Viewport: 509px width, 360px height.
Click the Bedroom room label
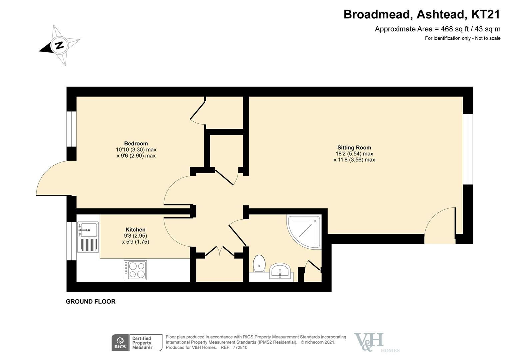pyautogui.click(x=136, y=144)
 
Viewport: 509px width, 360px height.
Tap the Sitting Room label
pyautogui.click(x=354, y=148)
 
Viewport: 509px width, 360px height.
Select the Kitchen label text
pyautogui.click(x=135, y=230)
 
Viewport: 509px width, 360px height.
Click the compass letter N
pyautogui.click(x=59, y=45)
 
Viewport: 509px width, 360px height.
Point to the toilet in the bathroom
pyautogui.click(x=259, y=263)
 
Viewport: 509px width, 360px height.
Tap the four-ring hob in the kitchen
pyautogui.click(x=135, y=270)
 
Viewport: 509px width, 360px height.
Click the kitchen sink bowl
pyautogui.click(x=89, y=230)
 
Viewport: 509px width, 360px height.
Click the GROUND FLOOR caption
pyautogui.click(x=91, y=302)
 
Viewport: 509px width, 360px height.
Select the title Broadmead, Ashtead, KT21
pyautogui.click(x=422, y=15)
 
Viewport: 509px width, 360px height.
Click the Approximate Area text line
pyautogui.click(x=437, y=29)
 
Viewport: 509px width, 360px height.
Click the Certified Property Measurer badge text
pyautogui.click(x=142, y=343)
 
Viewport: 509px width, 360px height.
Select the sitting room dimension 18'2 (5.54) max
pyautogui.click(x=354, y=154)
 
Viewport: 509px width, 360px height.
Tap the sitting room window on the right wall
pyautogui.click(x=468, y=149)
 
